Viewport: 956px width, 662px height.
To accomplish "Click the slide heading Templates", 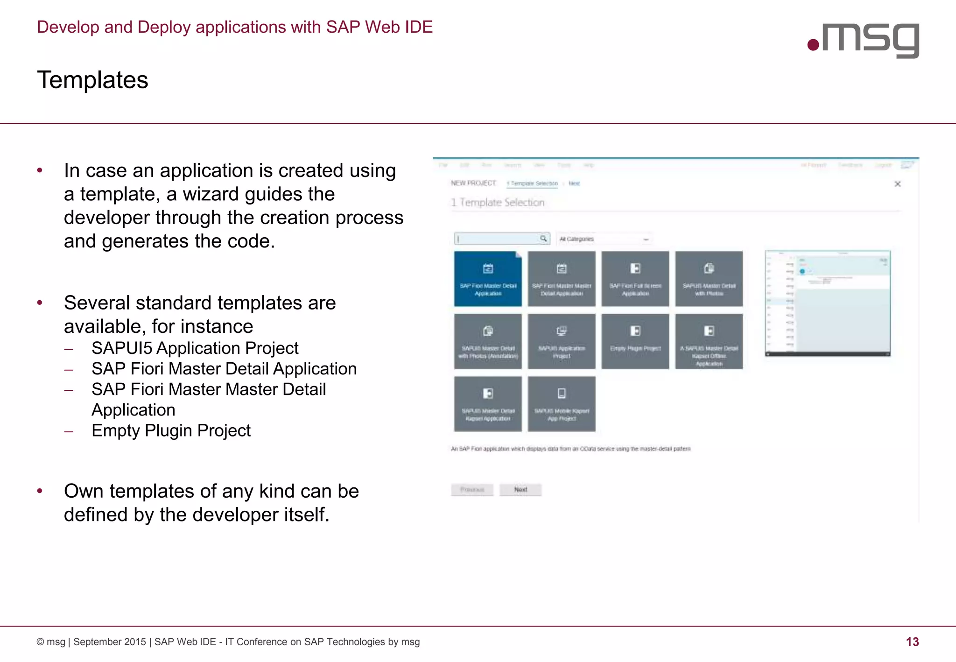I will tap(92, 80).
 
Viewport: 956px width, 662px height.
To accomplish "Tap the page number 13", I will tap(912, 642).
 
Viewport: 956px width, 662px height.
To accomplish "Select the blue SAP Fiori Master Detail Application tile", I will tap(488, 279).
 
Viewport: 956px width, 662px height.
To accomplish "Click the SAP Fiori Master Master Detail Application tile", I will tap(562, 279).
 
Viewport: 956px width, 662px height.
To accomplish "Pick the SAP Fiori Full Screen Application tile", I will tap(635, 279).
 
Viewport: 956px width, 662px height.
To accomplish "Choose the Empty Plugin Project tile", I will tap(635, 341).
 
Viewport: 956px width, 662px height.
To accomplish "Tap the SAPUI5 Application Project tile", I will tap(562, 341).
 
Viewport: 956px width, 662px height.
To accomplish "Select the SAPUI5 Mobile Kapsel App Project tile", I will tap(562, 404).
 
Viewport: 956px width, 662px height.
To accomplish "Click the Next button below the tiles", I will tap(520, 490).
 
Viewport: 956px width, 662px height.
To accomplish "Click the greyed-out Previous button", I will tap(472, 490).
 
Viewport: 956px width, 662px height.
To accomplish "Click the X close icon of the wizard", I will tap(897, 184).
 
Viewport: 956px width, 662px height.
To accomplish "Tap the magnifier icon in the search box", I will tap(543, 239).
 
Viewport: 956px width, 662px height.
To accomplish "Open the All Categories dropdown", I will tap(604, 239).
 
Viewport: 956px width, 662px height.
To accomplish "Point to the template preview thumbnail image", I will tap(828, 303).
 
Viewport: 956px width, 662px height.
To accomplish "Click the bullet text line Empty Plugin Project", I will tap(171, 430).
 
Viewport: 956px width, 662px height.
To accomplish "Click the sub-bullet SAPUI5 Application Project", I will tap(195, 348).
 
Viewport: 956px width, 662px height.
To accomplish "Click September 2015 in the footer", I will tap(110, 642).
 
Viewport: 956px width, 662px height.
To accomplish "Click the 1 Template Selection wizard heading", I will tap(498, 203).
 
